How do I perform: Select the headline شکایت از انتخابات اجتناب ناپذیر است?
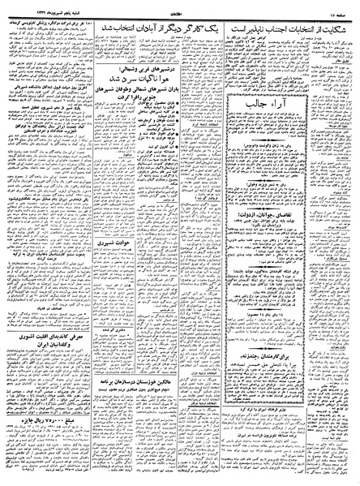click(301, 24)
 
